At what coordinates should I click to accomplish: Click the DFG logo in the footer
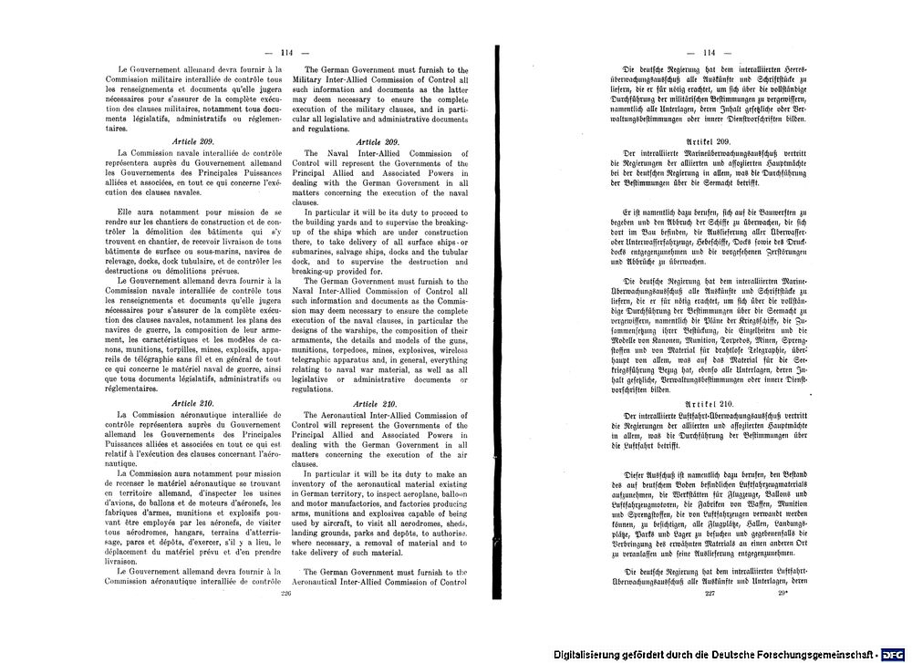(x=895, y=654)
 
